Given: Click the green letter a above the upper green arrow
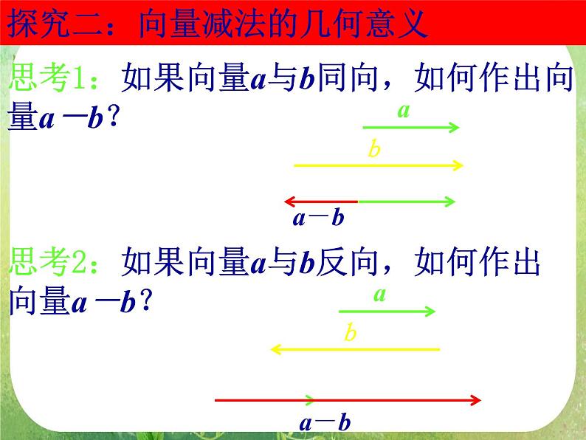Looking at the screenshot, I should point(404,111).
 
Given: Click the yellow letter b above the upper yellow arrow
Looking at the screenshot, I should point(374,150).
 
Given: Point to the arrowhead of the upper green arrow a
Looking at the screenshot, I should point(455,128).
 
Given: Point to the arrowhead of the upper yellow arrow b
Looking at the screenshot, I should point(458,165).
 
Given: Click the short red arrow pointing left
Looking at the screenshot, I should point(321,201).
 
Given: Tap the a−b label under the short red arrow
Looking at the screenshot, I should point(319,218).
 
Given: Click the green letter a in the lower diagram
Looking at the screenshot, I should point(379,295).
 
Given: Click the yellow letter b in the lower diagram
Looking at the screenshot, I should point(351,333).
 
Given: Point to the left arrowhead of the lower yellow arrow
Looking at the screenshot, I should point(276,349).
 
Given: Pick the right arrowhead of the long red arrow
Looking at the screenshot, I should point(476,401).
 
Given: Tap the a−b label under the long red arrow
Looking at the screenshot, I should point(324,423).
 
